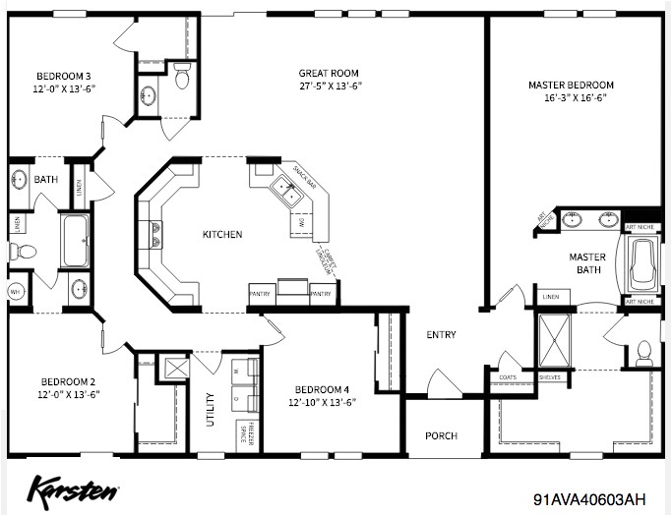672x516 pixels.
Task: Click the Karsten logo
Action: point(74,488)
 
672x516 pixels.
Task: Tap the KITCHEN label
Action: point(222,234)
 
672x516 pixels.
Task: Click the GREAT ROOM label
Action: point(329,73)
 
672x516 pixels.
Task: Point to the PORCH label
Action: point(441,436)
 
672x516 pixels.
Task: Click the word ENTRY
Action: point(441,335)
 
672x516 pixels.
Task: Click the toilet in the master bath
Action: point(644,352)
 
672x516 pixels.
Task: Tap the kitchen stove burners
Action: point(154,234)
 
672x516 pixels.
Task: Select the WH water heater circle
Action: point(16,292)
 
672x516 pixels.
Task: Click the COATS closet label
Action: point(508,375)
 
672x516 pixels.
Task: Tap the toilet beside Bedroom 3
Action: point(182,78)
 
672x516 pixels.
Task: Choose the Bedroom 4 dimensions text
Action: point(322,402)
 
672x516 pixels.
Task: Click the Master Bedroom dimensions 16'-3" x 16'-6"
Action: point(571,98)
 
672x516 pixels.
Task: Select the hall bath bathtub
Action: point(74,242)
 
